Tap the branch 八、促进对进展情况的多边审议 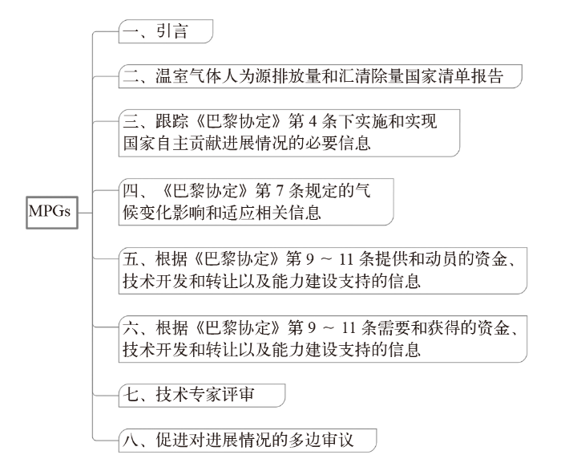tap(244, 441)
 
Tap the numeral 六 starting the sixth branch tap(127, 329)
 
